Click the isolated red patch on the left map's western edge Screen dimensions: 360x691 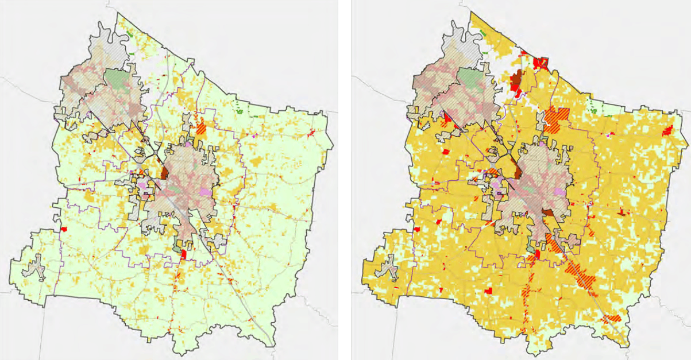click(x=64, y=229)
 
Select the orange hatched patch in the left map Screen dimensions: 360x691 click(x=200, y=125)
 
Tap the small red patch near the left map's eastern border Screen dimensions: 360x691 click(x=311, y=133)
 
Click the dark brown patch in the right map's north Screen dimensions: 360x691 click(x=516, y=80)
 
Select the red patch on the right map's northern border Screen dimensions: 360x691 click(x=540, y=63)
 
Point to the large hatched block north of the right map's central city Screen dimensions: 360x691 click(x=556, y=119)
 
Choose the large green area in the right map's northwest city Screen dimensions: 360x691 click(x=470, y=80)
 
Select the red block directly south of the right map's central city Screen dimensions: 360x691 click(x=536, y=254)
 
